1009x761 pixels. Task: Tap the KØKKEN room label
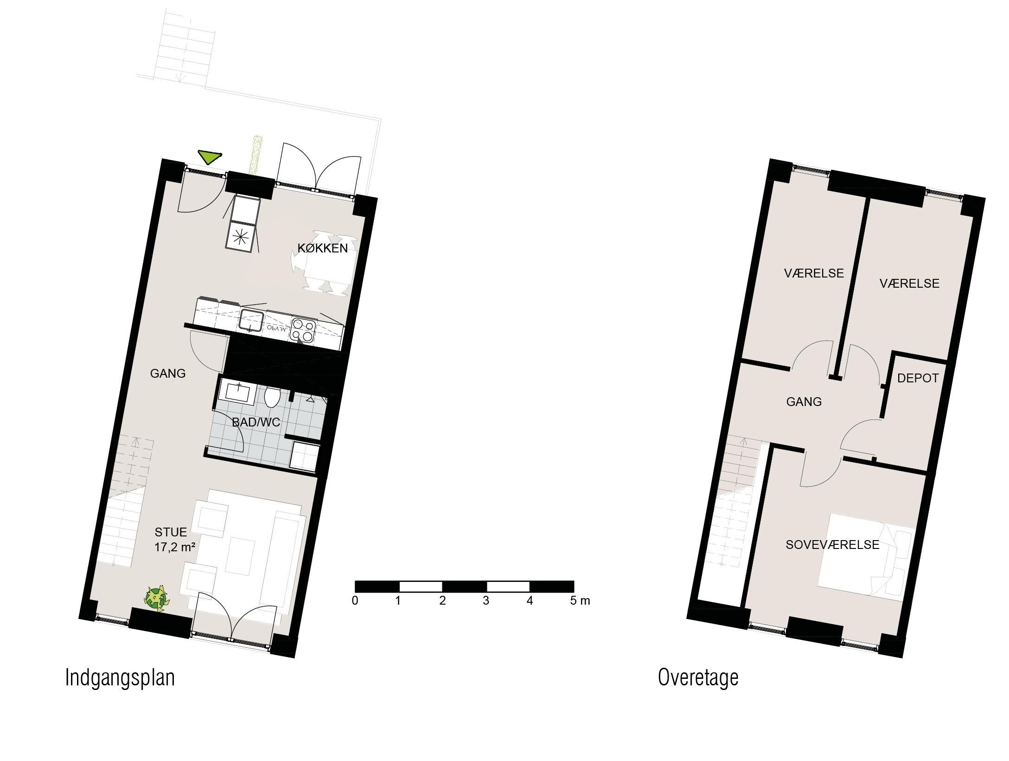323,248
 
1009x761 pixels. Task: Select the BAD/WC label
256,422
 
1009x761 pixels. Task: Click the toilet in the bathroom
272,397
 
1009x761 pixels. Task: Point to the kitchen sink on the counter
252,321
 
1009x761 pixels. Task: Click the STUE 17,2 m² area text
174,540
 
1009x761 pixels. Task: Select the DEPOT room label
918,378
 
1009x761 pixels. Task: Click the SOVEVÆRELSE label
832,545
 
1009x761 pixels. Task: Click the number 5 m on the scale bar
580,601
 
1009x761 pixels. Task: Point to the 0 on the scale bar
355,601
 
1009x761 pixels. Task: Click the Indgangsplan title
120,678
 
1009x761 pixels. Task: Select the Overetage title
698,677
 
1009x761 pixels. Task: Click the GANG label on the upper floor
804,402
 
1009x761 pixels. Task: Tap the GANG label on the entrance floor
168,374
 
